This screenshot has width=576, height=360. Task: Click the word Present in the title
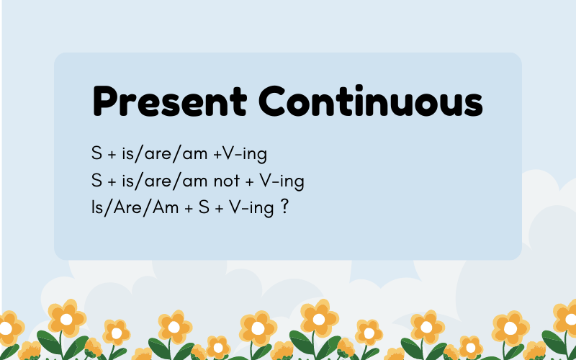click(x=170, y=101)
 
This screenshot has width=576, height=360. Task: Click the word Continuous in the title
click(x=371, y=101)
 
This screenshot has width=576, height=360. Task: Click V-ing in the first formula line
click(x=245, y=155)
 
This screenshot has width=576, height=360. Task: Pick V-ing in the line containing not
click(x=282, y=181)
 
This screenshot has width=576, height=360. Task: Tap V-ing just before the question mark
click(x=251, y=209)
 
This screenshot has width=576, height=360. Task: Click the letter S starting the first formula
click(x=96, y=153)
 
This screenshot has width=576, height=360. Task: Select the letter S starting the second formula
click(x=96, y=181)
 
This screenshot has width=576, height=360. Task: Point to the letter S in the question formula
click(x=204, y=207)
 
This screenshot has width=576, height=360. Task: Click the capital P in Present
click(x=104, y=101)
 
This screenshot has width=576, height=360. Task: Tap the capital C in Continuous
click(x=272, y=101)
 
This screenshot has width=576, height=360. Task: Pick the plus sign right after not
click(x=249, y=181)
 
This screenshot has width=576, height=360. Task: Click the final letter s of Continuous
click(x=474, y=106)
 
